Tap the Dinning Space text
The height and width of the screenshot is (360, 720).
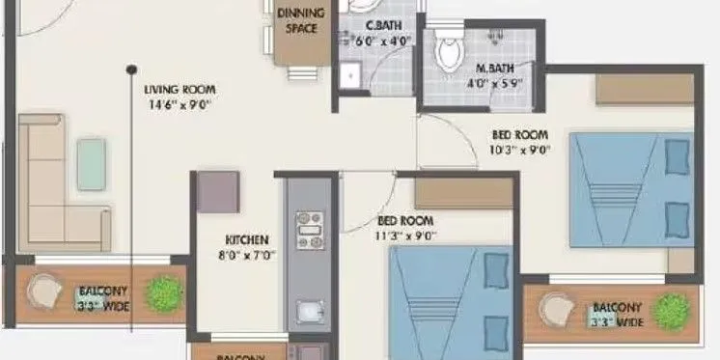click(299, 19)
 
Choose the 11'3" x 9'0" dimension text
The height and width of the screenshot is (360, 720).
click(406, 235)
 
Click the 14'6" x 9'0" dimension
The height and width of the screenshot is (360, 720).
click(178, 103)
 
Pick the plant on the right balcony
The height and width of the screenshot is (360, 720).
click(670, 311)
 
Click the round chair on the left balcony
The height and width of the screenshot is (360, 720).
click(43, 291)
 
